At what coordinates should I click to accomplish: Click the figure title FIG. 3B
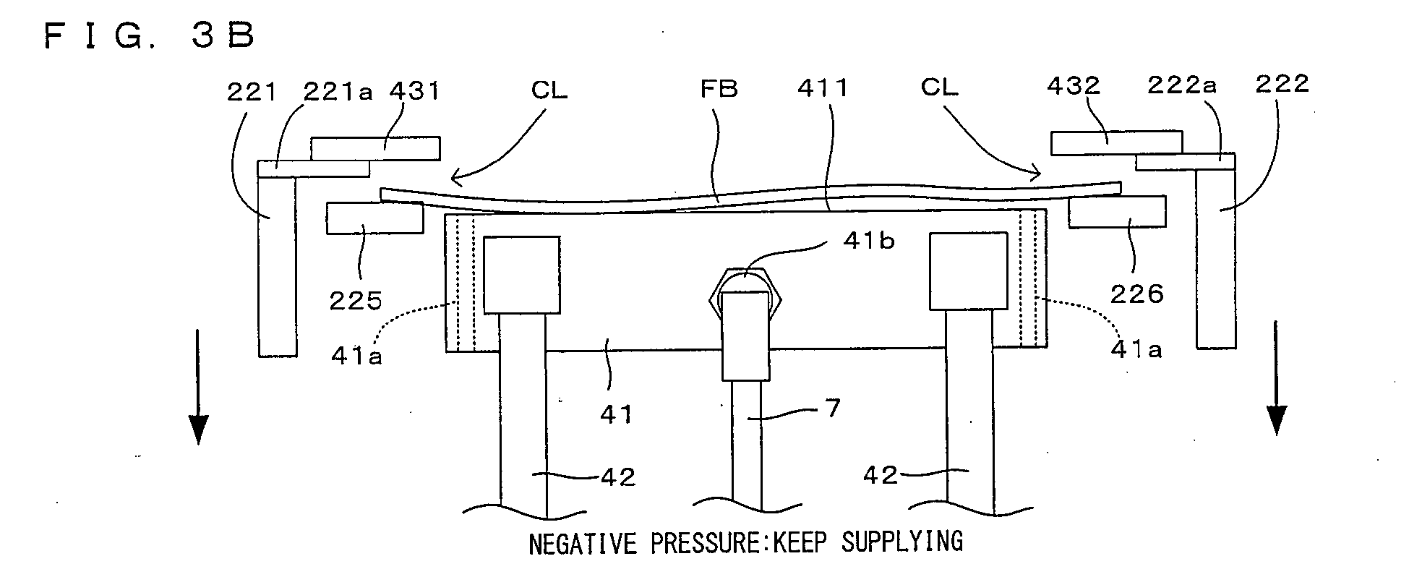(150, 35)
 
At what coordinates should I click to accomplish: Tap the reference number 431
(414, 91)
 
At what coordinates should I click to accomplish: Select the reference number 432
(1074, 86)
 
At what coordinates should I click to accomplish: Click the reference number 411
(823, 88)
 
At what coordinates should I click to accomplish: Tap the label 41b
(868, 242)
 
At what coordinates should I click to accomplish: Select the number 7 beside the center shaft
(833, 409)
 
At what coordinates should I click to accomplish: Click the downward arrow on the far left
(197, 385)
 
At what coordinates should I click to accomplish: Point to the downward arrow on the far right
(1277, 377)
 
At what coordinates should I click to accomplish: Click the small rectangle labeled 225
(375, 218)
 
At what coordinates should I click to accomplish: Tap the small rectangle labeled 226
(1117, 212)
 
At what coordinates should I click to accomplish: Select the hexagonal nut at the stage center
(746, 295)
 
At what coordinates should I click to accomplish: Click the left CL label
(549, 90)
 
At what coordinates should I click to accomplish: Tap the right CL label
(939, 87)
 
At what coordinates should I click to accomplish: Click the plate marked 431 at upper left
(375, 148)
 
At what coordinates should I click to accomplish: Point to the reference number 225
(356, 300)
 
